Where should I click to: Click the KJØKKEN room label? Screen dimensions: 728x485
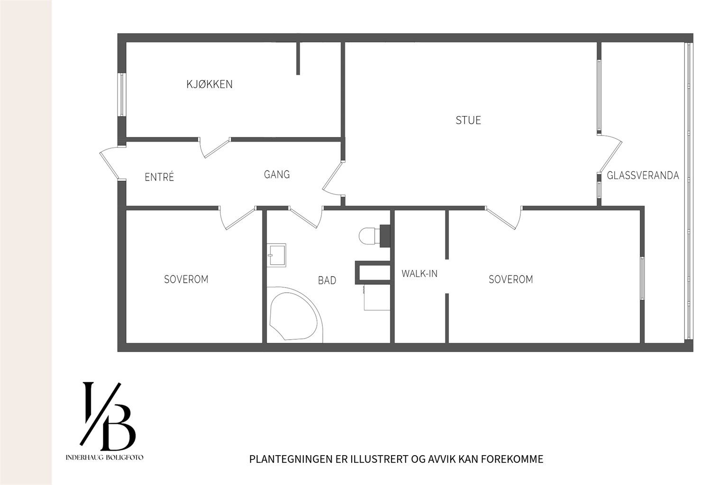[209, 84]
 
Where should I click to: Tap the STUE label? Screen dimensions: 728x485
[468, 120]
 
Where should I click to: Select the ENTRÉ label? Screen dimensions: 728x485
[159, 177]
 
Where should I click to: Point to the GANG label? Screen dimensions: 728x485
[277, 175]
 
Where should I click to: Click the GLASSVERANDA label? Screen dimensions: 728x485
[643, 176]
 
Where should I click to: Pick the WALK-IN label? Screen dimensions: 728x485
[419, 274]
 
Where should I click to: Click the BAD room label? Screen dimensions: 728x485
[327, 280]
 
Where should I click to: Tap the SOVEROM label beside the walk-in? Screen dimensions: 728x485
[510, 279]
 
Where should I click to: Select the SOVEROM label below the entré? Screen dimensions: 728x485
[186, 279]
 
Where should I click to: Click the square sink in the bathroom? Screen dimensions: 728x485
[276, 255]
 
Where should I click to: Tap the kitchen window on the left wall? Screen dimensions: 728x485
[122, 95]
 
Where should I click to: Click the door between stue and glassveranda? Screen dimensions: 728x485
[610, 154]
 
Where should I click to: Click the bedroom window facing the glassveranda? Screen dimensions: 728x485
[642, 278]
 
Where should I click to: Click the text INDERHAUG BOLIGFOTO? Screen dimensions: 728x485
[104, 458]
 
